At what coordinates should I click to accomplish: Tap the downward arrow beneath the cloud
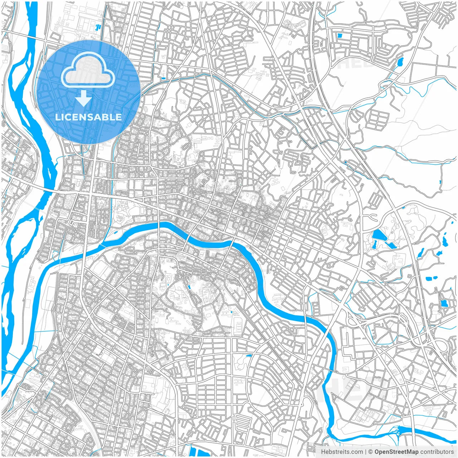[83, 98]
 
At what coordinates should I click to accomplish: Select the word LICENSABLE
[88, 117]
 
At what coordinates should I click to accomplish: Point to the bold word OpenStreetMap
[396, 452]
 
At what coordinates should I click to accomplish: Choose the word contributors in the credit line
[437, 452]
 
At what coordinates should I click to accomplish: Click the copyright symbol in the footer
[370, 452]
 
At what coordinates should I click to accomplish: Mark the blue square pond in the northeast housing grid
[339, 35]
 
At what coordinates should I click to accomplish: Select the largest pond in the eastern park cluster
[377, 235]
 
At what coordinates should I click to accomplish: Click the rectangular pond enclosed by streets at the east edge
[444, 303]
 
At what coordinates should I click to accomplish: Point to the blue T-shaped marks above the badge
[98, 27]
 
